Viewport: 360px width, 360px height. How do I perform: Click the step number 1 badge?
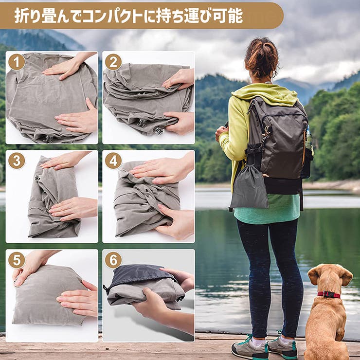click(x=17, y=62)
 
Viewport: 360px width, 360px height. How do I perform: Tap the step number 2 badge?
click(x=113, y=62)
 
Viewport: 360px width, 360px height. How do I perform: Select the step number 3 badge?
click(x=17, y=161)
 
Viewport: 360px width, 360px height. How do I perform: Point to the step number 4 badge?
click(x=113, y=161)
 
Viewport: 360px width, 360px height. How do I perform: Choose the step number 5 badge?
click(x=17, y=260)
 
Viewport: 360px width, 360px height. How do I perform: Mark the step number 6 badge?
click(x=113, y=260)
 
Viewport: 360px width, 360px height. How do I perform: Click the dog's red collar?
click(x=329, y=294)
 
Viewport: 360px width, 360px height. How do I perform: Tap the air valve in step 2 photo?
click(x=159, y=130)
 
